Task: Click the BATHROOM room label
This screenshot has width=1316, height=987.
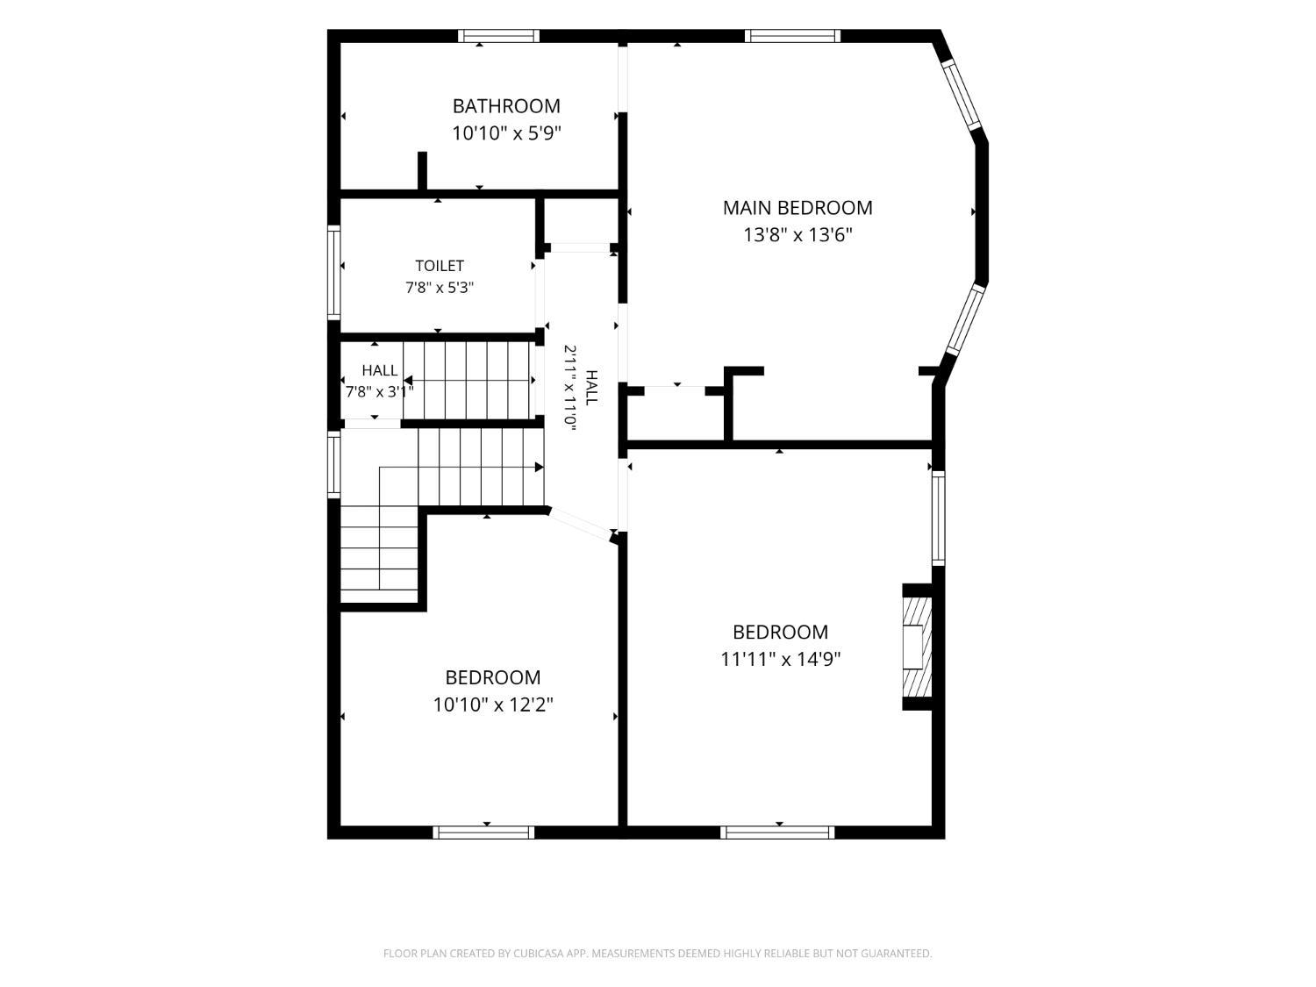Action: tap(506, 106)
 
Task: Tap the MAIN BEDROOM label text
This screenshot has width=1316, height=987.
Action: tap(797, 208)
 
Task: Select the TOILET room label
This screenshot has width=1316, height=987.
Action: tap(440, 266)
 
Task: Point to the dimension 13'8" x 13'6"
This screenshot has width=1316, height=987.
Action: tap(797, 235)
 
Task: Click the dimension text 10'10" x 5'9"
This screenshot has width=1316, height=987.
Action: tap(506, 133)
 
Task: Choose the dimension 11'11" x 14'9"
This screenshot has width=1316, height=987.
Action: tap(780, 659)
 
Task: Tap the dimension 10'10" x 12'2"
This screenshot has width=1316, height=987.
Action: tap(493, 704)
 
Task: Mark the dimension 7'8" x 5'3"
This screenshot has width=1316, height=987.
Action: tap(440, 289)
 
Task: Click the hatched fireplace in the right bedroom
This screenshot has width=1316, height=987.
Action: tap(918, 647)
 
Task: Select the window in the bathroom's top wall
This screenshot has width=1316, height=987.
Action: tap(499, 36)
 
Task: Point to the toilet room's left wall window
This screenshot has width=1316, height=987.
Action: tap(333, 273)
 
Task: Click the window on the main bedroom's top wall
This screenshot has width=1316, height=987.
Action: tap(792, 36)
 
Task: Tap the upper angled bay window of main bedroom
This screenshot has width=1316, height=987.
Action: tap(961, 95)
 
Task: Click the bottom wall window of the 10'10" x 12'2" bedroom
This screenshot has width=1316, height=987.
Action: tap(483, 833)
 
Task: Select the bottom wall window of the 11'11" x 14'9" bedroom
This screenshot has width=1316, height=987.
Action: tap(777, 833)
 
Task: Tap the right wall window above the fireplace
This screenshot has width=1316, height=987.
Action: tap(938, 519)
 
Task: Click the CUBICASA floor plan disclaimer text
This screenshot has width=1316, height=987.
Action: tap(658, 953)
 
